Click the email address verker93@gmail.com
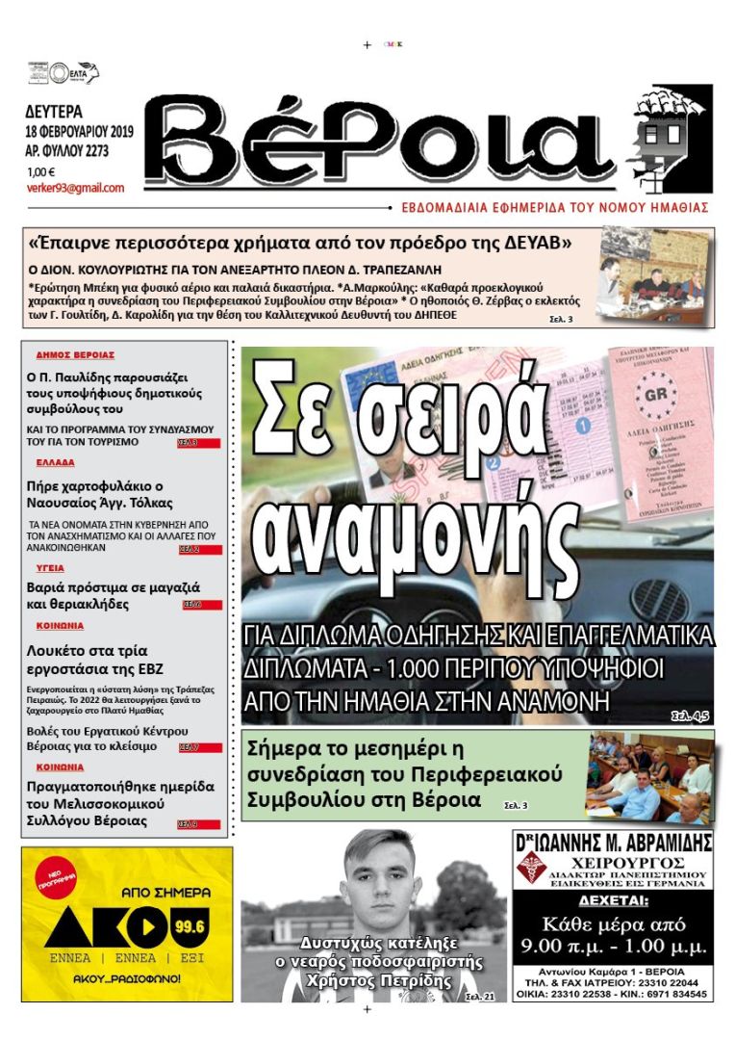[75, 189]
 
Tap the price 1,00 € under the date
[41, 171]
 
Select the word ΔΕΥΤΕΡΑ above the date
[55, 111]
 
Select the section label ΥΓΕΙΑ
[50, 568]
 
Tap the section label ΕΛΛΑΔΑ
[56, 463]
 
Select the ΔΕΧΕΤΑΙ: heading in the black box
[613, 902]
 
